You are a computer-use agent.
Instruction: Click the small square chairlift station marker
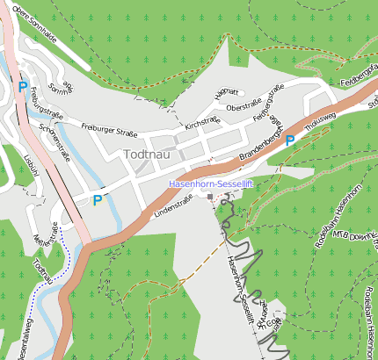[x=209, y=197]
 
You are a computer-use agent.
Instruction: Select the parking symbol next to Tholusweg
[x=289, y=140]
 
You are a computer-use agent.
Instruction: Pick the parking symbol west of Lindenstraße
[x=98, y=200]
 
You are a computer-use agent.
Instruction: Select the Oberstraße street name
[x=244, y=106]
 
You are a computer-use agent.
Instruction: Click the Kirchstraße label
[x=202, y=124]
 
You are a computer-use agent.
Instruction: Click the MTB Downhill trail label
[x=346, y=235]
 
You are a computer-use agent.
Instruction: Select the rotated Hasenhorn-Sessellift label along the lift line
[x=239, y=285]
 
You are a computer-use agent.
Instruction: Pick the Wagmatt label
[x=227, y=92]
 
